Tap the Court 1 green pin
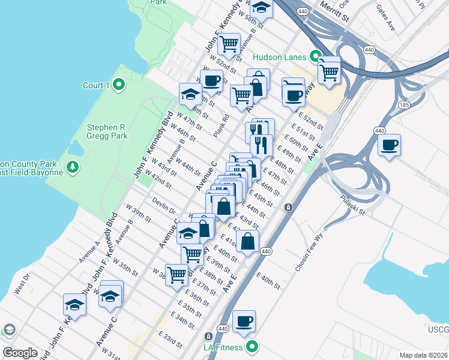[x=119, y=85]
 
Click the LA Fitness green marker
[x=253, y=347]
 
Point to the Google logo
[x=19, y=353]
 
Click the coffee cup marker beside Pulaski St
[x=389, y=145]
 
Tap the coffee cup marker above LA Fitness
[x=244, y=322]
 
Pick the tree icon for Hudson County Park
[x=73, y=166]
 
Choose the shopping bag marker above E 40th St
[x=247, y=242]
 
